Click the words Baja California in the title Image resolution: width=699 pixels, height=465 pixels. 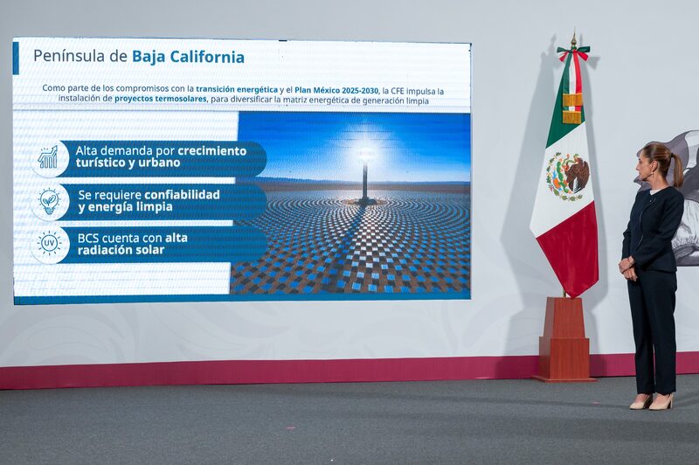tap(188, 57)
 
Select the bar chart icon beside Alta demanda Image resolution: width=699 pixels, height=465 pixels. tap(49, 158)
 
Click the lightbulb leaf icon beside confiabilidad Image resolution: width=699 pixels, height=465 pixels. tap(49, 201)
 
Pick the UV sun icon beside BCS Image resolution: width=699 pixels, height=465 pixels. tap(49, 244)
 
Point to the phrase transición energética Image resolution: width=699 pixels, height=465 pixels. tap(237, 89)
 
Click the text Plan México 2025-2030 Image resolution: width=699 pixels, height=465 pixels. tap(336, 89)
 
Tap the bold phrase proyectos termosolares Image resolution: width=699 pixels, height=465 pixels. tap(161, 99)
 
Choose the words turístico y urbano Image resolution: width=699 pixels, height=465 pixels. tap(128, 163)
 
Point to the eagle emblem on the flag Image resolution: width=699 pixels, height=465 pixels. tap(568, 175)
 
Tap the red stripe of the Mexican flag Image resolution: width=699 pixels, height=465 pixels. tap(572, 249)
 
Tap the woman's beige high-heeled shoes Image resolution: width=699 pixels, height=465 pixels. tap(652, 401)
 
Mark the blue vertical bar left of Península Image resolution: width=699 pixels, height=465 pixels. tap(16, 58)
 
